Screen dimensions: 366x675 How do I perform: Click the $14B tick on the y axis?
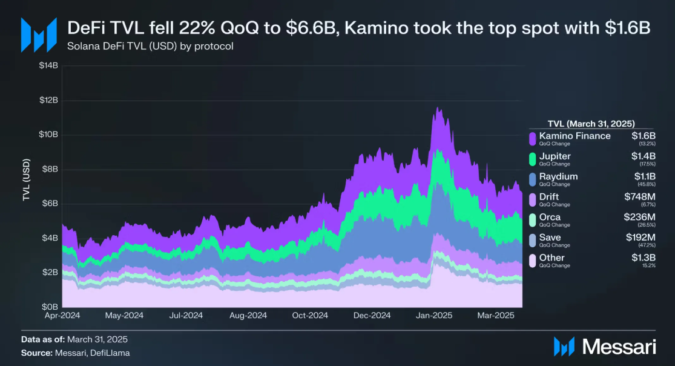point(49,65)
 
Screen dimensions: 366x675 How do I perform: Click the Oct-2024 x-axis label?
point(309,316)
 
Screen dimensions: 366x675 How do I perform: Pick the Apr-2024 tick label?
point(62,316)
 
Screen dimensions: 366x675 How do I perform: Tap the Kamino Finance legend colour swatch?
point(533,139)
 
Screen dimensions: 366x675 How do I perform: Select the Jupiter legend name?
point(555,156)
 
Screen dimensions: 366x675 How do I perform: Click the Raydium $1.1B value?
point(645,177)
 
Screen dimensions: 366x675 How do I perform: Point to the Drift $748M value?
point(640,197)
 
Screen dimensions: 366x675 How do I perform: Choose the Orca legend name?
point(550,217)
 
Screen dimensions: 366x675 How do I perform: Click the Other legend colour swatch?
point(533,261)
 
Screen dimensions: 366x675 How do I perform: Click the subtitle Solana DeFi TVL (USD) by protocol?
point(151,46)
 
